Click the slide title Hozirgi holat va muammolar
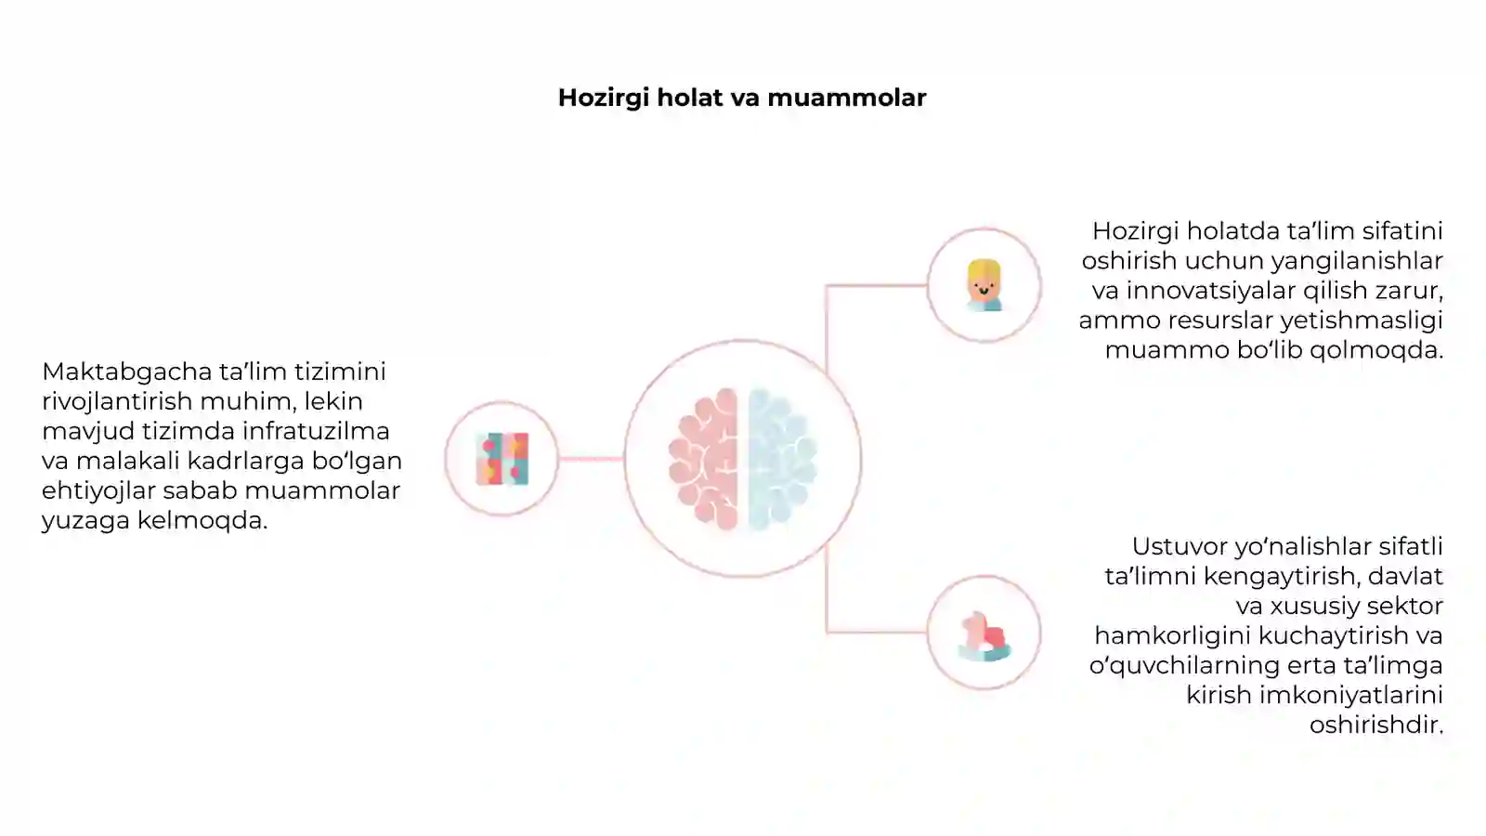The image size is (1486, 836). tap(742, 98)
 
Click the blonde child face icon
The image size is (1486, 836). tap(984, 285)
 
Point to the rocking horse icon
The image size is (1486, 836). tap(984, 636)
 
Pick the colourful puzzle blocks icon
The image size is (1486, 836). tap(502, 459)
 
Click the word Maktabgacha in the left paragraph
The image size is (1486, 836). tap(126, 372)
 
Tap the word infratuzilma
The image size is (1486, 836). tap(316, 431)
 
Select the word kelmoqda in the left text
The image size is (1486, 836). tap(202, 520)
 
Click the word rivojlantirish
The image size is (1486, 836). tap(117, 401)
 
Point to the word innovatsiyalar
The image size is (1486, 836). tap(1211, 291)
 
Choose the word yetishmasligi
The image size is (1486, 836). tap(1362, 320)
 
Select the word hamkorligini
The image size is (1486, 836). tap(1173, 635)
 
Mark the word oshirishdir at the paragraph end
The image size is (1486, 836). tap(1376, 725)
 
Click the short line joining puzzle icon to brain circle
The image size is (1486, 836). tap(591, 459)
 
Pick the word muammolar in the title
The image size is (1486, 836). tap(846, 98)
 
